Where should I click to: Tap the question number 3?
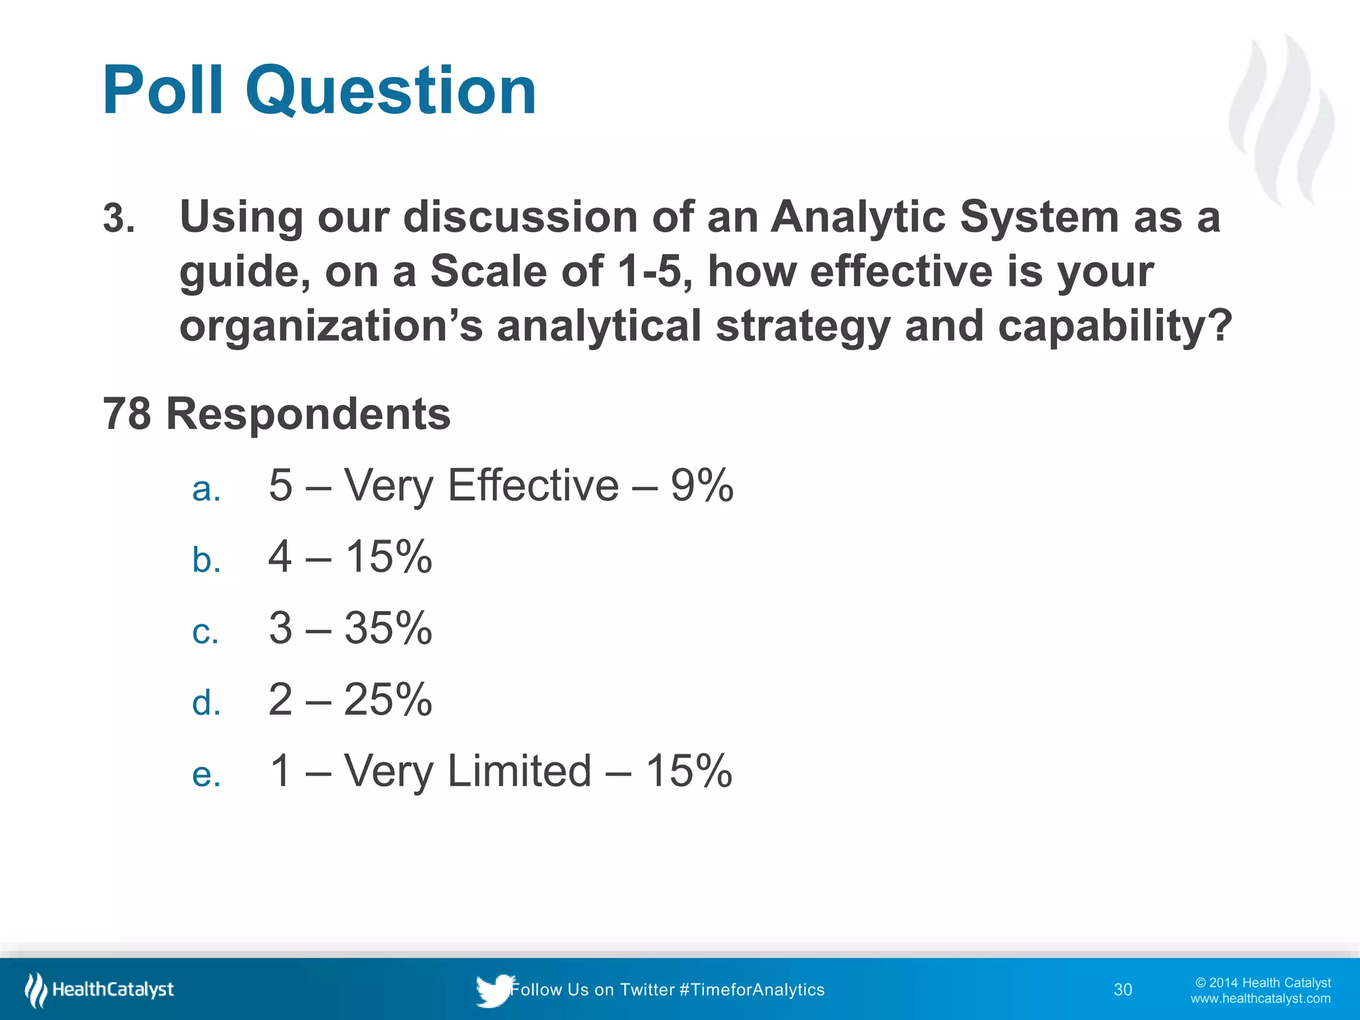[118, 218]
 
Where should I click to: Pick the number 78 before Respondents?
[127, 414]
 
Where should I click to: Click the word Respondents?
[308, 414]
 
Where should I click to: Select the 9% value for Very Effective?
[701, 485]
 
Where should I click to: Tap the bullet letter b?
[206, 560]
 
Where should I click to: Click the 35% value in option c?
[388, 628]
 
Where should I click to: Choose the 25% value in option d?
[388, 699]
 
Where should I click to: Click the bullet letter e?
[206, 774]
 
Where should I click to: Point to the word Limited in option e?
[519, 771]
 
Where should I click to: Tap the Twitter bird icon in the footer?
[493, 990]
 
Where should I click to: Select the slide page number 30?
[1122, 989]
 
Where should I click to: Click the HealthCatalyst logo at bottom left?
[100, 989]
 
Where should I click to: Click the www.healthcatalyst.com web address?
[1260, 998]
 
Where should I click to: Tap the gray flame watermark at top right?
[1282, 120]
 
